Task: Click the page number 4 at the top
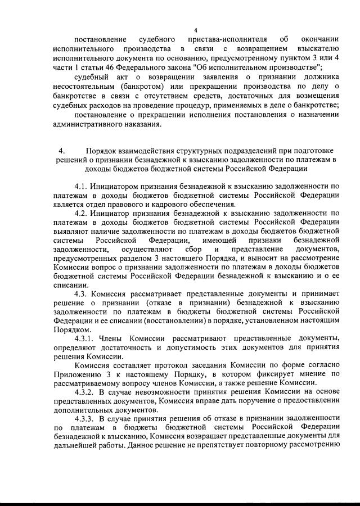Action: (195, 30)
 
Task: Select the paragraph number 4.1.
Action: (83, 186)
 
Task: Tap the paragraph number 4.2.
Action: (83, 213)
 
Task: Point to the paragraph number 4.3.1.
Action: (86, 337)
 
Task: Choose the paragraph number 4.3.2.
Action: (86, 392)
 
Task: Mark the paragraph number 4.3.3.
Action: (86, 419)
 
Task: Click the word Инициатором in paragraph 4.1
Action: (124, 186)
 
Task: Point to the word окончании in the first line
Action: (318, 40)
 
